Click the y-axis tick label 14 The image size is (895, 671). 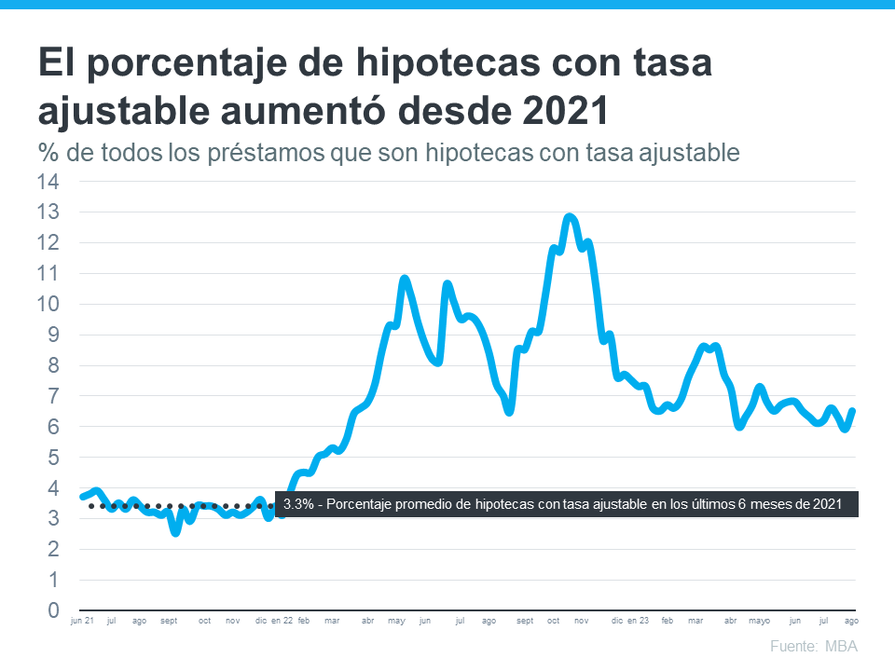pyautogui.click(x=47, y=182)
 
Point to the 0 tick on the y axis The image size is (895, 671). pyautogui.click(x=53, y=611)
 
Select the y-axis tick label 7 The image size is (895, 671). pyautogui.click(x=53, y=396)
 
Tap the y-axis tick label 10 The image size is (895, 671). pyautogui.click(x=47, y=304)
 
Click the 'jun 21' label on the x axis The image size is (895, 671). pyautogui.click(x=83, y=621)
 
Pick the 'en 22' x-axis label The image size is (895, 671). pyautogui.click(x=282, y=621)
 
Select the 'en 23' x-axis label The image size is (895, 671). pyautogui.click(x=639, y=621)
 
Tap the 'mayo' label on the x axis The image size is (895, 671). pyautogui.click(x=760, y=621)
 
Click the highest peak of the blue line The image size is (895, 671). pyautogui.click(x=570, y=217)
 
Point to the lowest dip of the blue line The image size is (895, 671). pyautogui.click(x=175, y=532)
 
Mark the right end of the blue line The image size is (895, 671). pyautogui.click(x=853, y=411)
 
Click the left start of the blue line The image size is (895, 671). pyautogui.click(x=82, y=497)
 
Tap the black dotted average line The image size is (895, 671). pyautogui.click(x=186, y=506)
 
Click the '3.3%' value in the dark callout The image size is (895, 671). pyautogui.click(x=297, y=504)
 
